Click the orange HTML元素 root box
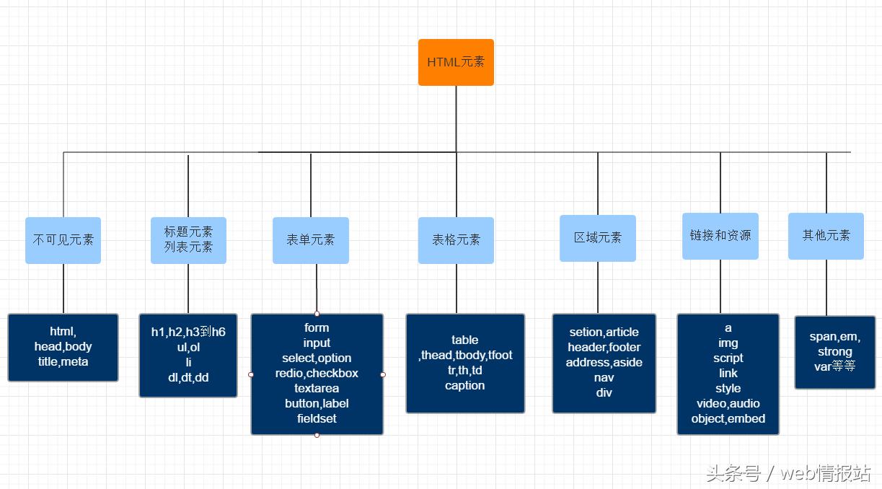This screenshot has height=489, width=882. [456, 62]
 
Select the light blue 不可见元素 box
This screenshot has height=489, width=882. [63, 240]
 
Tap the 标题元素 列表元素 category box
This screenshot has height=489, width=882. [188, 239]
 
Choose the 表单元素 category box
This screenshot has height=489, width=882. [311, 240]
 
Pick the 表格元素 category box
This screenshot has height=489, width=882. [456, 240]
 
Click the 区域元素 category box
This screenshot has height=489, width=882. [598, 237]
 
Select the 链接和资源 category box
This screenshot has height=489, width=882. [720, 236]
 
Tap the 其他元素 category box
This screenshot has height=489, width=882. [826, 236]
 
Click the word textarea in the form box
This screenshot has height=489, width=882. [317, 389]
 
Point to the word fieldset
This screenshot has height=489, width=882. [317, 419]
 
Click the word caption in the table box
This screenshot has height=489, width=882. [464, 386]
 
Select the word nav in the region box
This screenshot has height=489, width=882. [604, 378]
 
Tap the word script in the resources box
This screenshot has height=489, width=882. [728, 358]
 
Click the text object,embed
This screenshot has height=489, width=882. [728, 419]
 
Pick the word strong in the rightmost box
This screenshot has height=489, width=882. [834, 352]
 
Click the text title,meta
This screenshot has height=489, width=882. [63, 362]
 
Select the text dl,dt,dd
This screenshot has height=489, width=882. [188, 377]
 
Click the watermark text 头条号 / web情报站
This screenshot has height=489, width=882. [788, 473]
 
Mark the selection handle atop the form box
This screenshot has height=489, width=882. [317, 314]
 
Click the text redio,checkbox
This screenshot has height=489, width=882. [317, 374]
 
